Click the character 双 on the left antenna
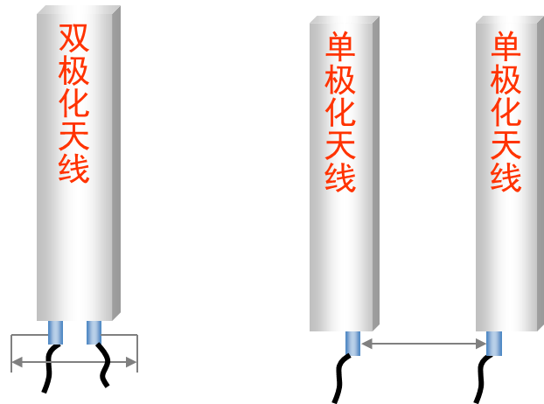click(74, 38)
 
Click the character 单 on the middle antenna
click(340, 48)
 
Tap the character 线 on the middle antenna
click(340, 178)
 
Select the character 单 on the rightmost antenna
click(506, 48)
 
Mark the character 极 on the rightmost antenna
click(506, 80)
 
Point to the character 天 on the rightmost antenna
click(506, 145)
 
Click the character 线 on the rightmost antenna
click(506, 178)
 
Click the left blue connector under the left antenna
click(55, 332)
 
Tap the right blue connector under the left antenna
click(94, 332)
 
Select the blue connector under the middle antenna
click(352, 343)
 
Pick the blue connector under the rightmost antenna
click(494, 343)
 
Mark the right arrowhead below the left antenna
click(131, 362)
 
